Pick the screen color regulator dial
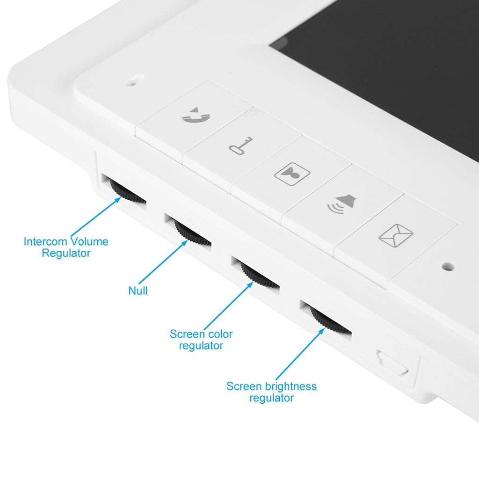258,273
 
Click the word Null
138,291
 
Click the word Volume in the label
89,242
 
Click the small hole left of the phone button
135,80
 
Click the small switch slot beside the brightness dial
393,363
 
